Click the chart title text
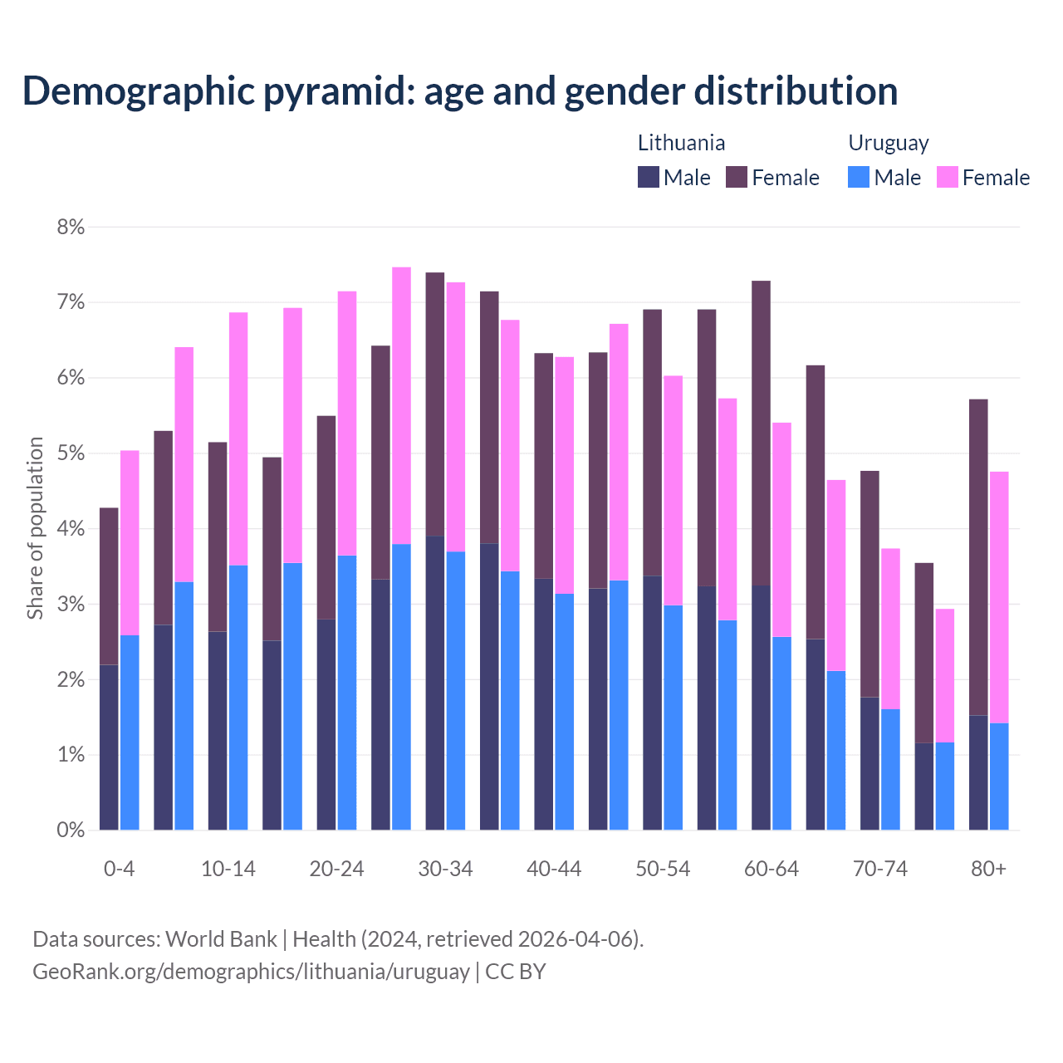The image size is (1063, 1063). tap(459, 91)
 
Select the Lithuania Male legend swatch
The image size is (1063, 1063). tap(649, 177)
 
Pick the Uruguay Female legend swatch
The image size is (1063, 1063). tap(947, 177)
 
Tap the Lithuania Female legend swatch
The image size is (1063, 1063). tap(737, 177)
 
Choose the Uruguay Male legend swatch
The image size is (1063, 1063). tap(859, 177)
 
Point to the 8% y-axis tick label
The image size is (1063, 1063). tap(71, 227)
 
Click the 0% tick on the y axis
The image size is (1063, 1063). tap(71, 830)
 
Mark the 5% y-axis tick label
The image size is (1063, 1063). tap(71, 453)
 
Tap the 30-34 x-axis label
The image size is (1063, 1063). tap(445, 869)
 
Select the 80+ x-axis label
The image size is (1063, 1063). tap(988, 869)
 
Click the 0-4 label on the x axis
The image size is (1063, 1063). tap(119, 869)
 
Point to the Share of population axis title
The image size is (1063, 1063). tap(35, 528)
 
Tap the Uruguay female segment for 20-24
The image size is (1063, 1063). tap(347, 424)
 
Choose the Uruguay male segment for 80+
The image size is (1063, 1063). tap(999, 776)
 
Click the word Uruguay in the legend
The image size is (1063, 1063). tap(888, 143)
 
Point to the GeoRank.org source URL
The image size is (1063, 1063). tap(251, 971)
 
